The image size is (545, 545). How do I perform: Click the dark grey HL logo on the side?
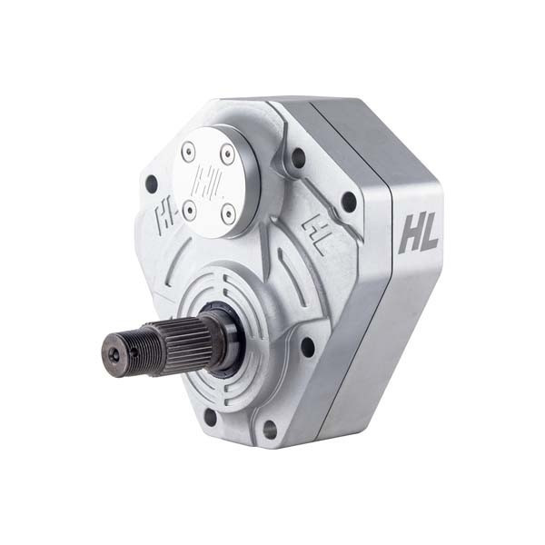pos(418,233)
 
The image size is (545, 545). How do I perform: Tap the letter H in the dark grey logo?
pos(409,233)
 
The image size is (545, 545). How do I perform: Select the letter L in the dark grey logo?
pos(429,234)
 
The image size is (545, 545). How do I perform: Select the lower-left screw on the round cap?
pos(189,210)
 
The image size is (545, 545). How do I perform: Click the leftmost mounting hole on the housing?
pos(151,183)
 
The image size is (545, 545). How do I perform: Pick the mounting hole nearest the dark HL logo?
pos(348,202)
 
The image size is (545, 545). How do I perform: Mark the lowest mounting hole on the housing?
pos(270,429)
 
